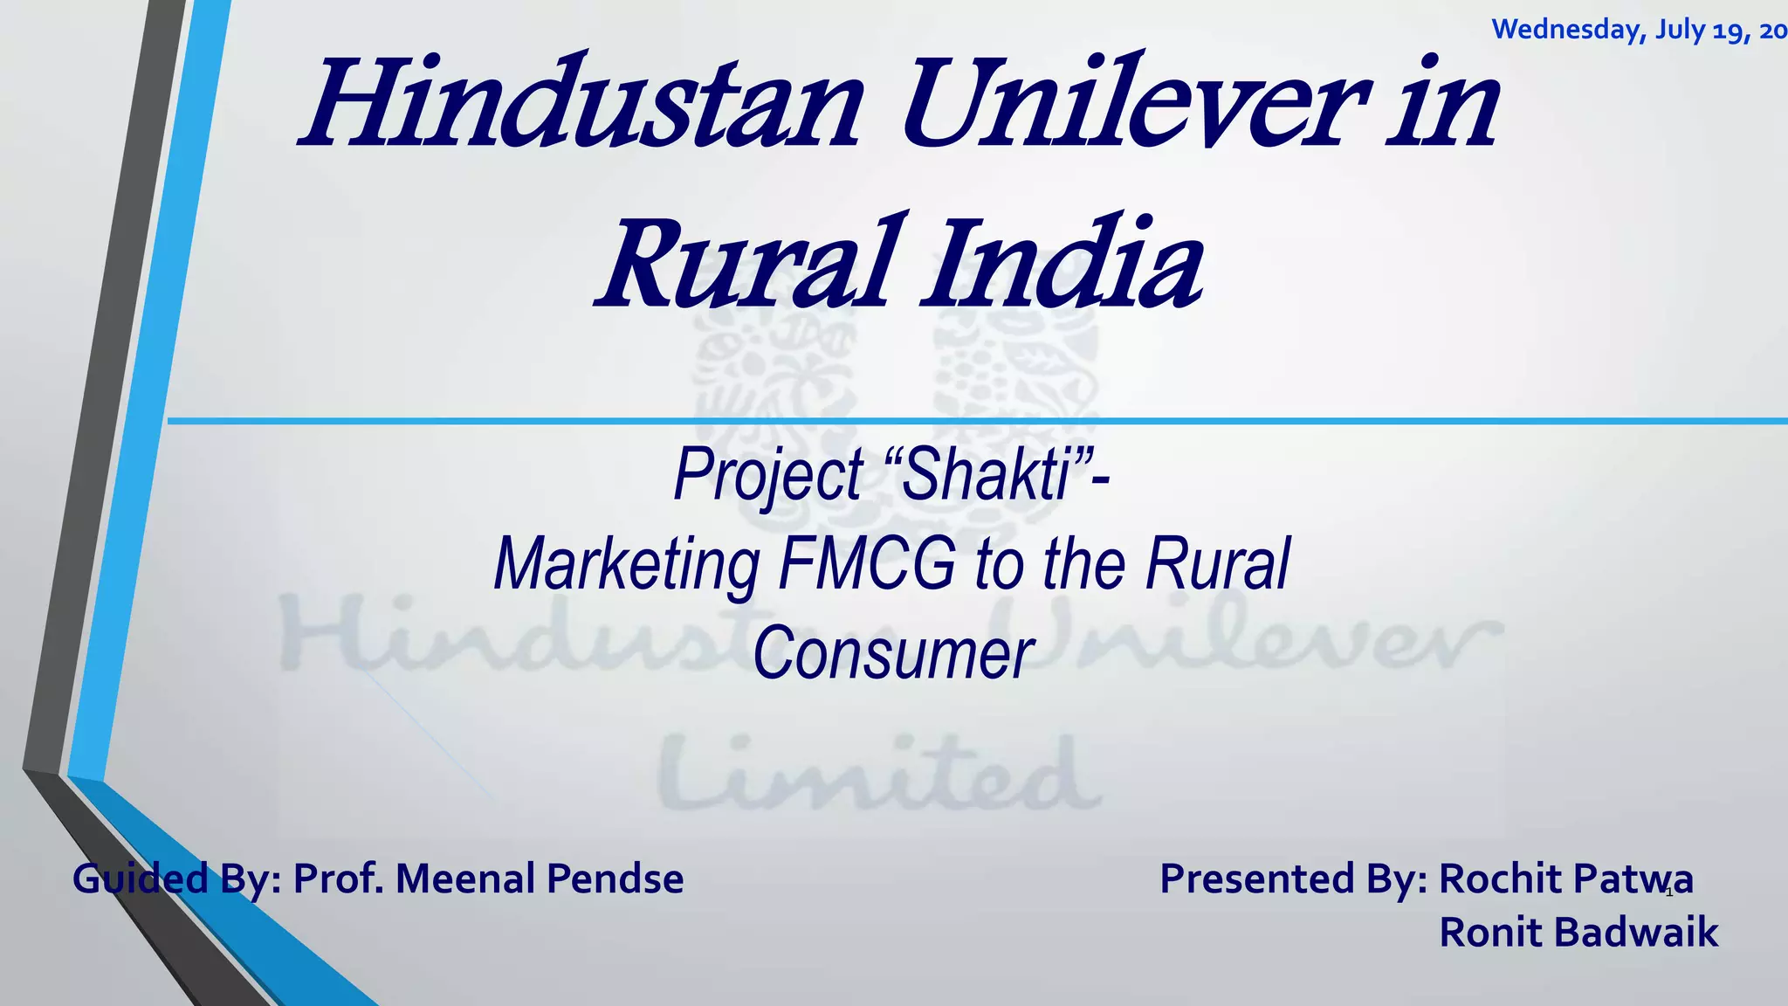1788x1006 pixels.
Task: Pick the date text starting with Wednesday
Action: (1638, 31)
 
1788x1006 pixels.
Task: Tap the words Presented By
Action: (1292, 879)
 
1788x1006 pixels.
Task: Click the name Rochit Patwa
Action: (1565, 879)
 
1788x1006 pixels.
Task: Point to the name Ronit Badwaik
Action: (1578, 933)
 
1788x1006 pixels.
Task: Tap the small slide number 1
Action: (1669, 892)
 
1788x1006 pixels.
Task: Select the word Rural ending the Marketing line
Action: (1217, 565)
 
